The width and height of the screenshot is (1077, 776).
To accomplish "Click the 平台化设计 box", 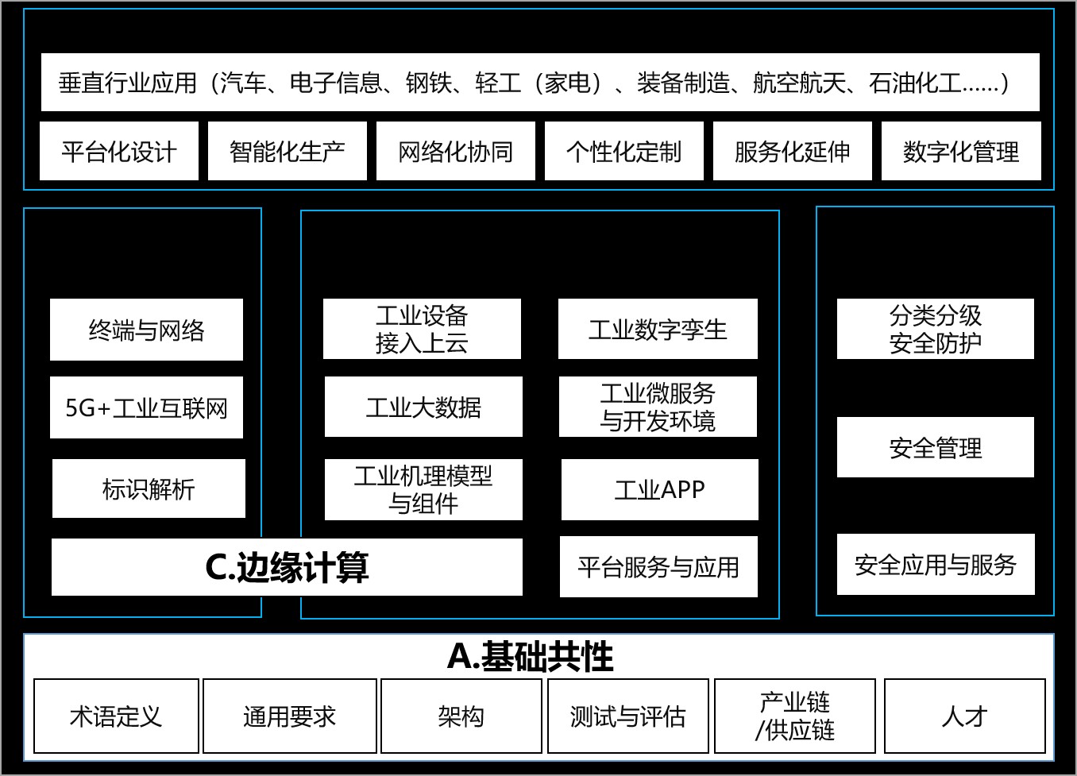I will [119, 151].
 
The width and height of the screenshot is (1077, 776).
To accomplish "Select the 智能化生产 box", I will [288, 151].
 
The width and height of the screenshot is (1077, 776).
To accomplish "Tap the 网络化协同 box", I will [456, 151].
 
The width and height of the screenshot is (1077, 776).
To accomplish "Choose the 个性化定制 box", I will [624, 151].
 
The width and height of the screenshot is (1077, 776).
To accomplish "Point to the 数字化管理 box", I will [961, 151].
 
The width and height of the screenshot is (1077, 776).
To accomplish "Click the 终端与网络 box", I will [146, 330].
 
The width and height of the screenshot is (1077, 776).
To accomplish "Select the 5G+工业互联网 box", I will [146, 407].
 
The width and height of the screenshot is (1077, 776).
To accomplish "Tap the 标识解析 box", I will [149, 488].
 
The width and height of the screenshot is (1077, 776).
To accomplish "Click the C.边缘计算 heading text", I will [287, 567].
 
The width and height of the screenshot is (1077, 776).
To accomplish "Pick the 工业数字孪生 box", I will [658, 329].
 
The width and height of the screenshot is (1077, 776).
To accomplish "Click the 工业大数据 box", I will [423, 407].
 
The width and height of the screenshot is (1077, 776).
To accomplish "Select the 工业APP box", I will [659, 489].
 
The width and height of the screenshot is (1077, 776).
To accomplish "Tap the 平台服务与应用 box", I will [658, 566].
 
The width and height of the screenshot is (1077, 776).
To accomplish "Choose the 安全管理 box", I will [936, 447].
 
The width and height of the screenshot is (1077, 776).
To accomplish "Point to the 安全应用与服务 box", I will [936, 564].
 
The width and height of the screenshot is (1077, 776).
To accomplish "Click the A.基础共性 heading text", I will [531, 656].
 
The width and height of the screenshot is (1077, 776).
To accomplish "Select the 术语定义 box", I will [116, 716].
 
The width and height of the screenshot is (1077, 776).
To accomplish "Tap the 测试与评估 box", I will [627, 716].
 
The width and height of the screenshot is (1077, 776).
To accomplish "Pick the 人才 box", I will [964, 716].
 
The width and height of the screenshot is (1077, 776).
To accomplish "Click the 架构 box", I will [461, 716].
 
